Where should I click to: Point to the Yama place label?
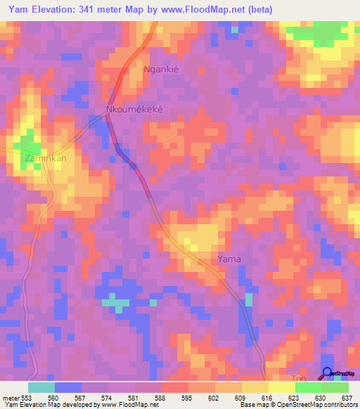[229, 259]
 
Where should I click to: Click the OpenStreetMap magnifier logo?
[328, 373]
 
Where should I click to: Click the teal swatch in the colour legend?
[41, 387]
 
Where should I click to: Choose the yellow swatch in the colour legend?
[255, 387]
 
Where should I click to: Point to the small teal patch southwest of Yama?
[116, 303]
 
